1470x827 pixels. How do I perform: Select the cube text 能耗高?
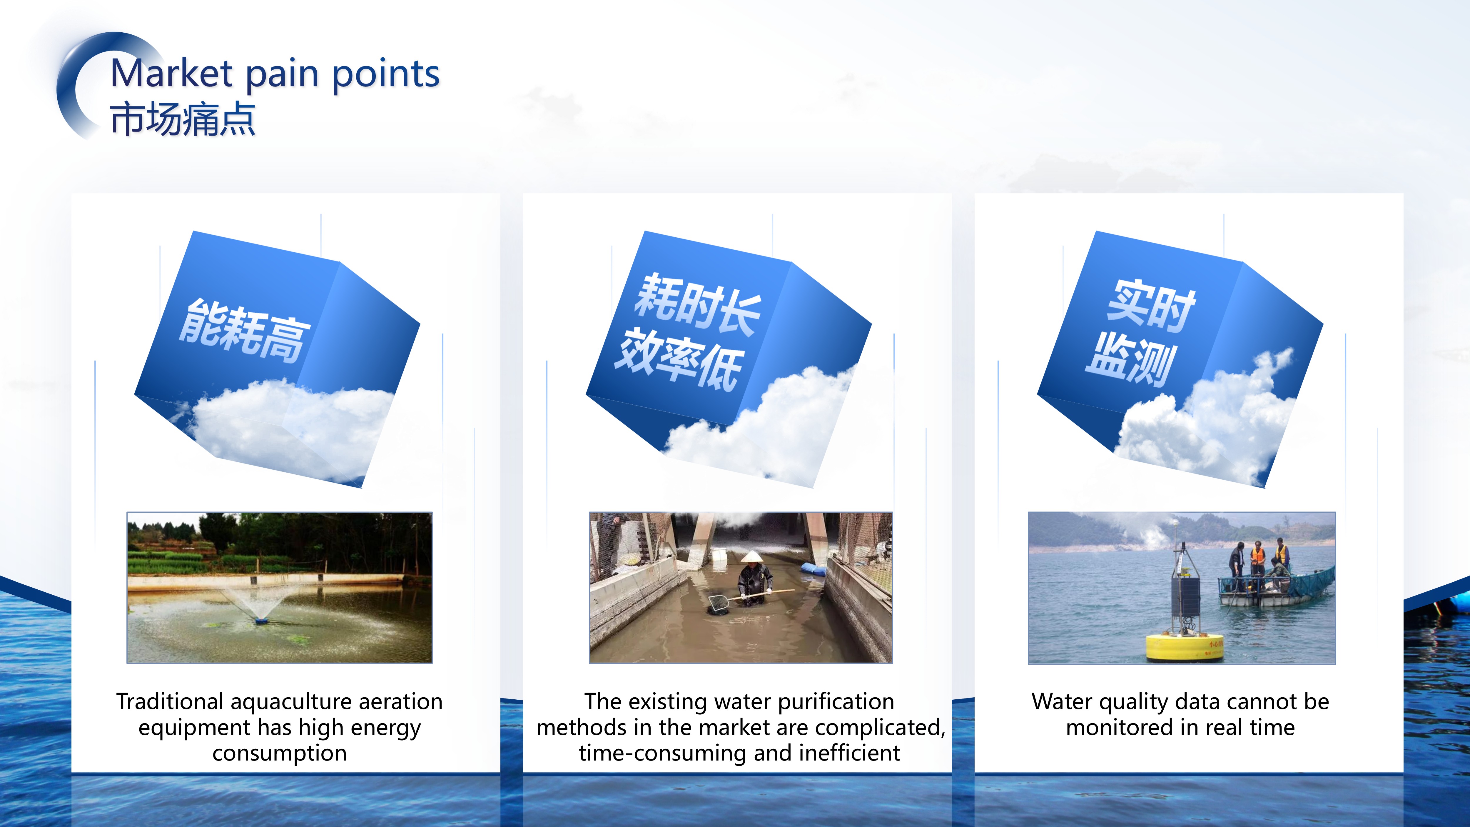pyautogui.click(x=244, y=331)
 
